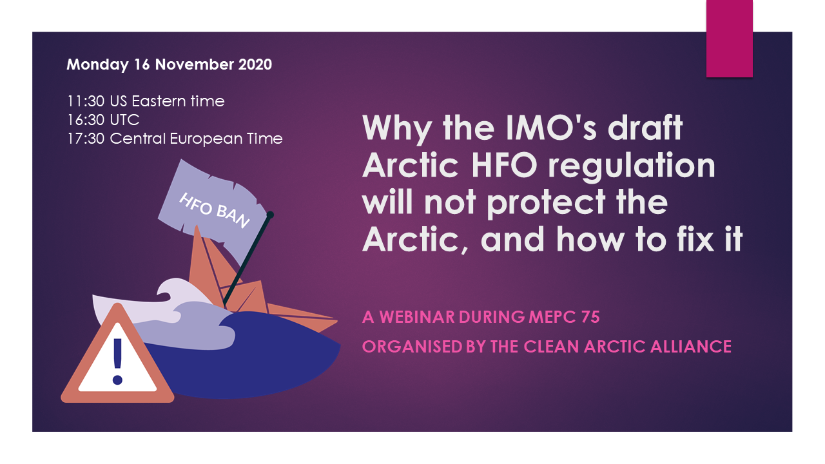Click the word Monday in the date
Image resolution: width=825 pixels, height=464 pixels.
tap(97, 65)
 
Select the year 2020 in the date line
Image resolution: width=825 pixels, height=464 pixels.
tap(255, 64)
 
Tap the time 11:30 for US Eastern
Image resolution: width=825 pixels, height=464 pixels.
tap(86, 101)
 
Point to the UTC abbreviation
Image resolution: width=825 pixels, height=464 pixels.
tap(124, 120)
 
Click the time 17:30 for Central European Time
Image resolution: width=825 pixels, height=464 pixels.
tap(86, 139)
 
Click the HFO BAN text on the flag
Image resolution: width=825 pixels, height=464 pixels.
tap(215, 210)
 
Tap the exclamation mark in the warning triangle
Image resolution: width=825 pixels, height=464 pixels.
tap(117, 362)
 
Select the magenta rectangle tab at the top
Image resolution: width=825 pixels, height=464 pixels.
tap(729, 39)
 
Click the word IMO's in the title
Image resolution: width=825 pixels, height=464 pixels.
tap(551, 128)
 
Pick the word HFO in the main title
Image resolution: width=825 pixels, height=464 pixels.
tap(504, 166)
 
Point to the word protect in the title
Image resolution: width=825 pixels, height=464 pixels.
tap(547, 204)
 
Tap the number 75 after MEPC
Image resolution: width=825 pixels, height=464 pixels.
tap(590, 317)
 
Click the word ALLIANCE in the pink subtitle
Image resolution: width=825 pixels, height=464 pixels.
tap(691, 347)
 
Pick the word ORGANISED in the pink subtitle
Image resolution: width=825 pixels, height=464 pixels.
tap(412, 347)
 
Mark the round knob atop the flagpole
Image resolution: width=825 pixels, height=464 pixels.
tap(270, 215)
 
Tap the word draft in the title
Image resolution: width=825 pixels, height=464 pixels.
tap(645, 128)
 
